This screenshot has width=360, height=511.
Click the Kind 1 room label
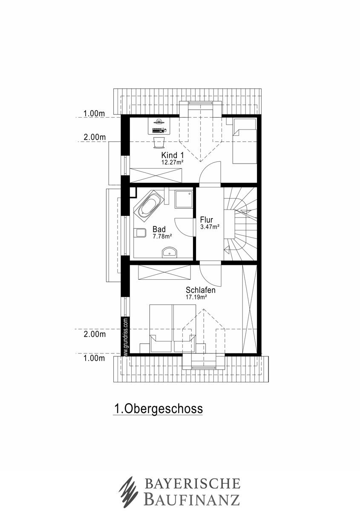coord(173,155)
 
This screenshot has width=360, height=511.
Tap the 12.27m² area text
coord(173,162)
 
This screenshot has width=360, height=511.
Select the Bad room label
coord(159,229)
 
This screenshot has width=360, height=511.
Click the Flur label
coord(207,220)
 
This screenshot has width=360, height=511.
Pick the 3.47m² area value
coord(210,227)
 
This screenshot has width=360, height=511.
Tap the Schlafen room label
coord(201,290)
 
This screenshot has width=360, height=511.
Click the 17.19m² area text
coord(196,297)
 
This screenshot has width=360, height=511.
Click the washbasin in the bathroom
coord(169,253)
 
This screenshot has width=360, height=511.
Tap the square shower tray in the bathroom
coord(184,199)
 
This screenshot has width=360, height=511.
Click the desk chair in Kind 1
coord(159,143)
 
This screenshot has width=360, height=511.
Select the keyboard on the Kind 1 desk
coord(158,131)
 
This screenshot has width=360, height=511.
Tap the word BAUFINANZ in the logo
coord(192,497)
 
